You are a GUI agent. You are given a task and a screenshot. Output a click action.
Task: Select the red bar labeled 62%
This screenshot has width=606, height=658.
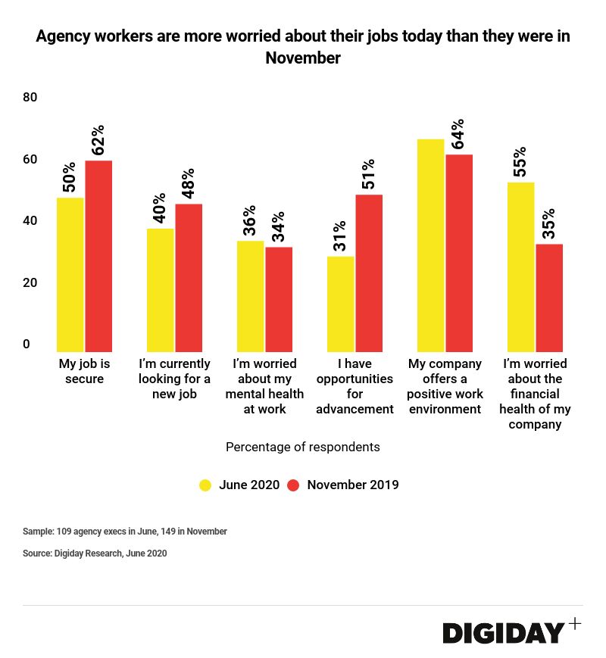coord(98,254)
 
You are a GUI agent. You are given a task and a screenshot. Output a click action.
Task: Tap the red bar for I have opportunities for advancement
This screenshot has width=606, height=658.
coord(369,271)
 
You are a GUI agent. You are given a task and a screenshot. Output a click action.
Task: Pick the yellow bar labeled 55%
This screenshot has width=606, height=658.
coord(522,265)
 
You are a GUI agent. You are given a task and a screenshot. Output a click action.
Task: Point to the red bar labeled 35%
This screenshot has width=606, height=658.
coord(549,296)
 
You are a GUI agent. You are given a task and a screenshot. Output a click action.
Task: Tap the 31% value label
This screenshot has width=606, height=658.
coord(339,236)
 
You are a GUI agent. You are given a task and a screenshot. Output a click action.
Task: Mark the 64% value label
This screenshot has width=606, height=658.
coord(458,136)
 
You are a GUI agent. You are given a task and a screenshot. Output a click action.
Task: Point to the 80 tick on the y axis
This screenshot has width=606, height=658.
coord(30,98)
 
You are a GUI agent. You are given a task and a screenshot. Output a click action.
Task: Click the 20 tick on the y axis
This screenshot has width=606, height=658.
coord(30,283)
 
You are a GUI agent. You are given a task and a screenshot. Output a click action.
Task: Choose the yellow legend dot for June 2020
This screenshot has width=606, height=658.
coord(205,485)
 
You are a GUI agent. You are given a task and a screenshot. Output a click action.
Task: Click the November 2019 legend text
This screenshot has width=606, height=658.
coord(352,485)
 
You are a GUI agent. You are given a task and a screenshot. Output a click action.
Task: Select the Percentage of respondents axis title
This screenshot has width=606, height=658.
coord(303,447)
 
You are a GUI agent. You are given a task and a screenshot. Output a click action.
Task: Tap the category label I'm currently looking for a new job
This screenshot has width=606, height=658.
coord(174,379)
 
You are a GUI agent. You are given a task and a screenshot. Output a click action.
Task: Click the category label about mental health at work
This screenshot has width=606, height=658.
coord(264,386)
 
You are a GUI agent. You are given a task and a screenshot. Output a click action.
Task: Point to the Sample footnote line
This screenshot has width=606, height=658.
coord(125,532)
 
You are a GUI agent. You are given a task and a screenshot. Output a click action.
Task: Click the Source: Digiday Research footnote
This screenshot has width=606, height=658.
coord(95,554)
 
